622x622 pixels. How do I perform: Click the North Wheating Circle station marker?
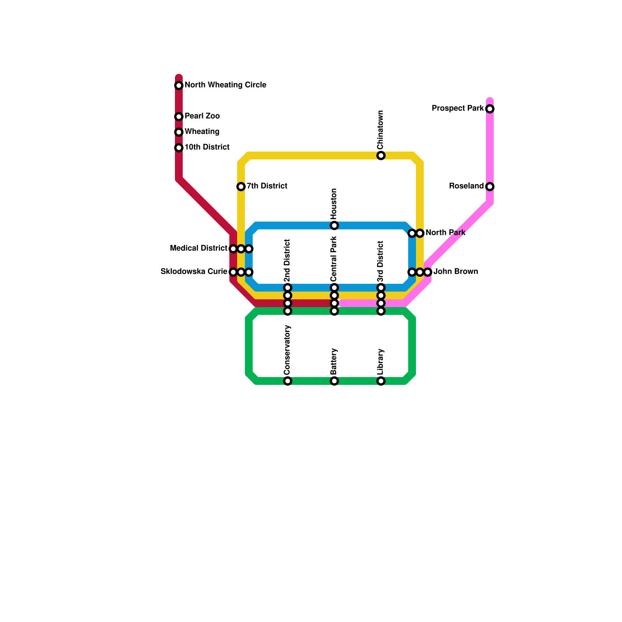tap(179, 86)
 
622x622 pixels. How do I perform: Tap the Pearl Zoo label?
tap(202, 116)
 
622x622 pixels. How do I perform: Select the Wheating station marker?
tap(179, 132)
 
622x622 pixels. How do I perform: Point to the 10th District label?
tap(207, 147)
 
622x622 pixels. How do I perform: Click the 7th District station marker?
tap(241, 187)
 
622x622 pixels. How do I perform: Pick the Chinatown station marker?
tap(381, 155)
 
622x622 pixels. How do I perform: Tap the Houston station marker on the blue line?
tap(334, 225)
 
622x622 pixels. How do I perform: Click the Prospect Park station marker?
tap(490, 109)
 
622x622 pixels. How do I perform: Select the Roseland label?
tap(466, 186)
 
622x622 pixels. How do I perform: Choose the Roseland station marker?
tap(490, 187)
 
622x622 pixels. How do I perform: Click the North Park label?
tap(446, 233)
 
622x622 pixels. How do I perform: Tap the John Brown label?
tap(456, 272)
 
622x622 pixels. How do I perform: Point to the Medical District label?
tap(199, 248)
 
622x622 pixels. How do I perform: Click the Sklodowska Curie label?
tap(194, 272)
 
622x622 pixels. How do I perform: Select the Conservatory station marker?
tap(288, 381)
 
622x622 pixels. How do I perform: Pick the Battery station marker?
tap(334, 381)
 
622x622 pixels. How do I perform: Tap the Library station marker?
tap(381, 381)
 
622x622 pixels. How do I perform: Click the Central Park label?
tap(334, 259)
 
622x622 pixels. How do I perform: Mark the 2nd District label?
tap(287, 260)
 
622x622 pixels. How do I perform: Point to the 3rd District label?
tap(380, 262)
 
